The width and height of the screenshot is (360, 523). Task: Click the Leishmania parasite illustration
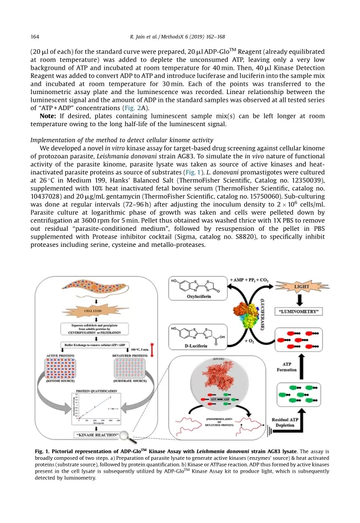tap(91, 293)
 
